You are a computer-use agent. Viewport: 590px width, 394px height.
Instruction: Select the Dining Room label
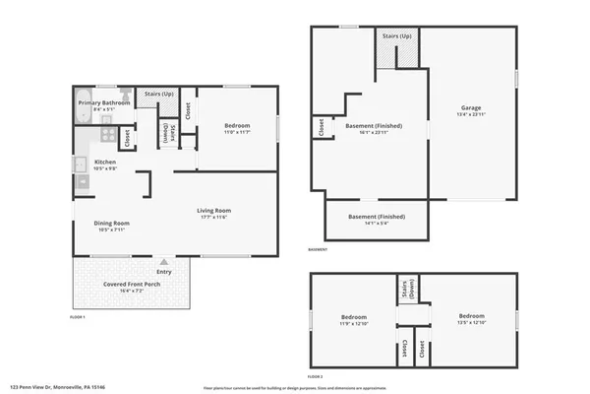click(x=111, y=223)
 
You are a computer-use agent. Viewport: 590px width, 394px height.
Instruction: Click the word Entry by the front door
click(x=163, y=271)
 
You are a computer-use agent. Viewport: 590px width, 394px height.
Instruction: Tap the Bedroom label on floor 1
click(x=237, y=125)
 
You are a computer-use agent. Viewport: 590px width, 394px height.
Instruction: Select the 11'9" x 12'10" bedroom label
click(x=353, y=317)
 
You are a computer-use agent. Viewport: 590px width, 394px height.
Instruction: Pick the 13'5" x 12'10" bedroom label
click(x=471, y=317)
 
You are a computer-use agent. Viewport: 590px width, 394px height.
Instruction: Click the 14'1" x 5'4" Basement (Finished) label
click(x=377, y=217)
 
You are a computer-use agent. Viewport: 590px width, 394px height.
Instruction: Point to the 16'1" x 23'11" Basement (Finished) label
click(x=374, y=125)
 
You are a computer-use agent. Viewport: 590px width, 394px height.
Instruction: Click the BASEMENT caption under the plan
click(x=319, y=249)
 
